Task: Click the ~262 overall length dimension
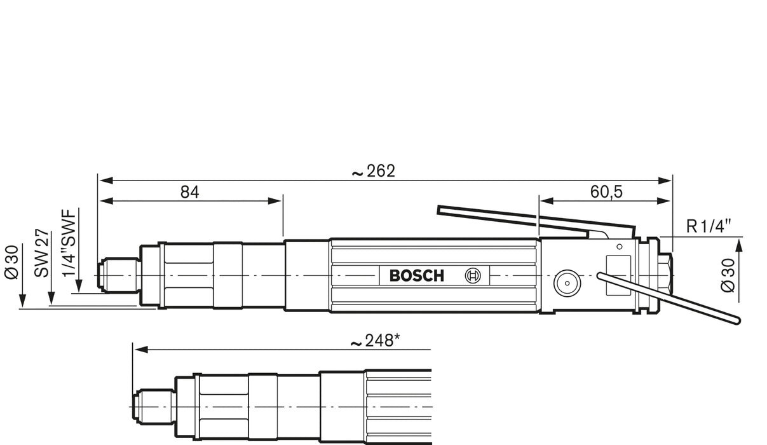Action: (x=373, y=171)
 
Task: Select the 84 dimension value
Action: (x=189, y=192)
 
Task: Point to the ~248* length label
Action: (x=376, y=342)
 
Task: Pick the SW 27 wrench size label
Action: (x=42, y=253)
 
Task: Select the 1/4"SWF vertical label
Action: (x=69, y=243)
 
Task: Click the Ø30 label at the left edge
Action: (x=12, y=261)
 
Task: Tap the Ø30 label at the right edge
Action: (x=729, y=275)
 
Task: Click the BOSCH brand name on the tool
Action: (x=417, y=276)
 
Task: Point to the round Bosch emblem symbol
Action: (x=473, y=275)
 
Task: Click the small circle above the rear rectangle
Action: (x=620, y=245)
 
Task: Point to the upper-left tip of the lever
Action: (x=440, y=209)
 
